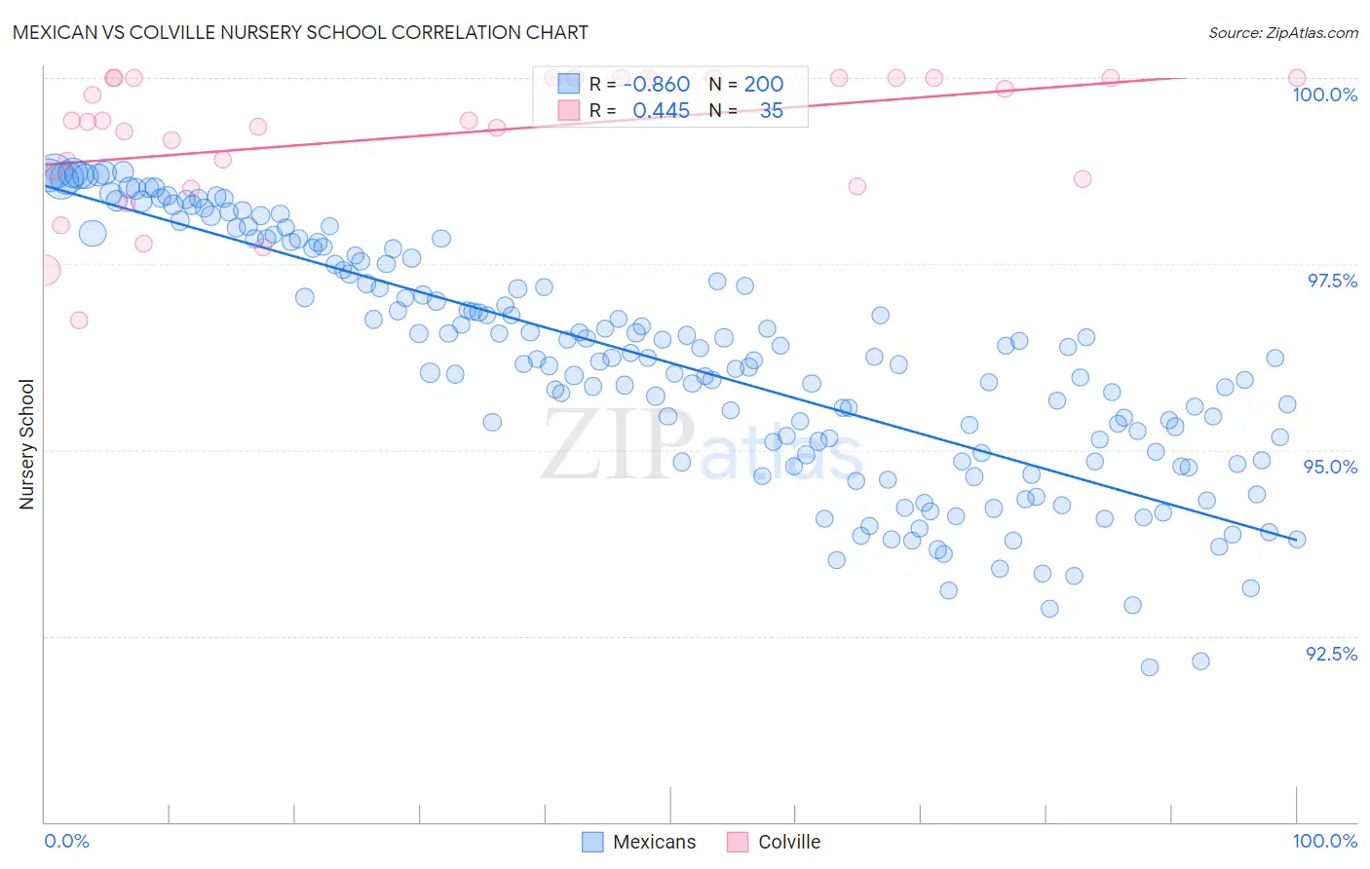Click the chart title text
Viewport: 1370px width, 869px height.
coord(300,32)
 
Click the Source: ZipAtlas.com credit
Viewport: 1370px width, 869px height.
coord(1282,33)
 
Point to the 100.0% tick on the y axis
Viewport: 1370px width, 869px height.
coord(1324,94)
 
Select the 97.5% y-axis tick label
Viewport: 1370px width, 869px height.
coord(1331,281)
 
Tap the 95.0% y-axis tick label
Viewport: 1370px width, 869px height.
coord(1330,467)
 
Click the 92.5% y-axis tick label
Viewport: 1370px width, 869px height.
coord(1331,654)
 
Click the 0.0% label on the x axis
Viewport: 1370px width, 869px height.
coord(66,841)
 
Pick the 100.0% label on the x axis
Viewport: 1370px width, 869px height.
coord(1324,841)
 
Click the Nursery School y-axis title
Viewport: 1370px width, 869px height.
coord(26,443)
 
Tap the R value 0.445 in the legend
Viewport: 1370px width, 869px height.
coord(661,111)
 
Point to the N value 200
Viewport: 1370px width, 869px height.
coord(763,85)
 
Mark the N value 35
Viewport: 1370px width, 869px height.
coord(771,111)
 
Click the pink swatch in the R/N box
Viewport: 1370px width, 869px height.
coord(568,111)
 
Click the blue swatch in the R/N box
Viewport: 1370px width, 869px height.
coord(568,85)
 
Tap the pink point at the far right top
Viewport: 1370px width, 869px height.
coord(1296,78)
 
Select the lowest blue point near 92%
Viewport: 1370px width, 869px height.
coord(1150,667)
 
